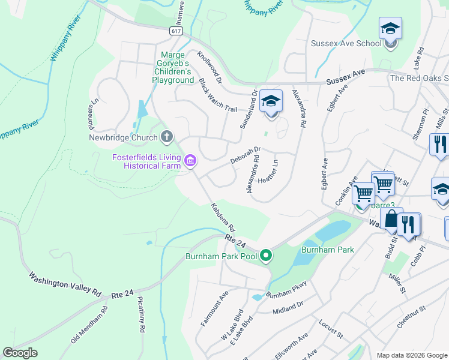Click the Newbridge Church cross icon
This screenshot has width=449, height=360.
pos(167,137)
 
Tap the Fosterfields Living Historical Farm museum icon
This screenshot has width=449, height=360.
pos(190,160)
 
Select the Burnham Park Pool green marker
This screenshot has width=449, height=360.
pos(266,256)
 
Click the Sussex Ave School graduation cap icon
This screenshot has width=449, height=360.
pos(390,28)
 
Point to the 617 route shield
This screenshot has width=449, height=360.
pos(176,31)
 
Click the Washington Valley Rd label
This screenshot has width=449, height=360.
pos(65,284)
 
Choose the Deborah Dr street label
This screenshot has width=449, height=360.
pos(246,155)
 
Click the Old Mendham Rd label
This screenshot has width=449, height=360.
pos(89,325)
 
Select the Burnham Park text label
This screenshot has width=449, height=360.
pos(327,249)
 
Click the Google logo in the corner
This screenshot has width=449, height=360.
pos(20,353)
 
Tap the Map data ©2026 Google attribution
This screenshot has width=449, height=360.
pos(411,355)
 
